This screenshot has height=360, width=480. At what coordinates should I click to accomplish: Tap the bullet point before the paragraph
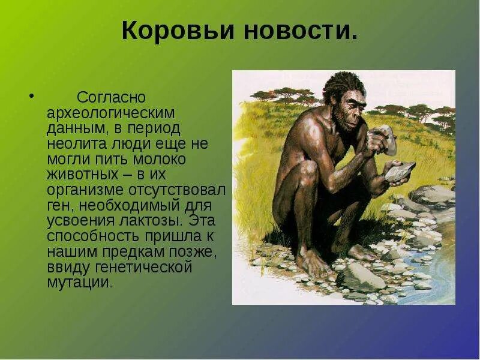click(x=31, y=95)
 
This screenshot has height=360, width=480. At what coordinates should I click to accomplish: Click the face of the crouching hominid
click(x=346, y=110)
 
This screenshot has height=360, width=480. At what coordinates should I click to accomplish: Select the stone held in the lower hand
click(x=398, y=171)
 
